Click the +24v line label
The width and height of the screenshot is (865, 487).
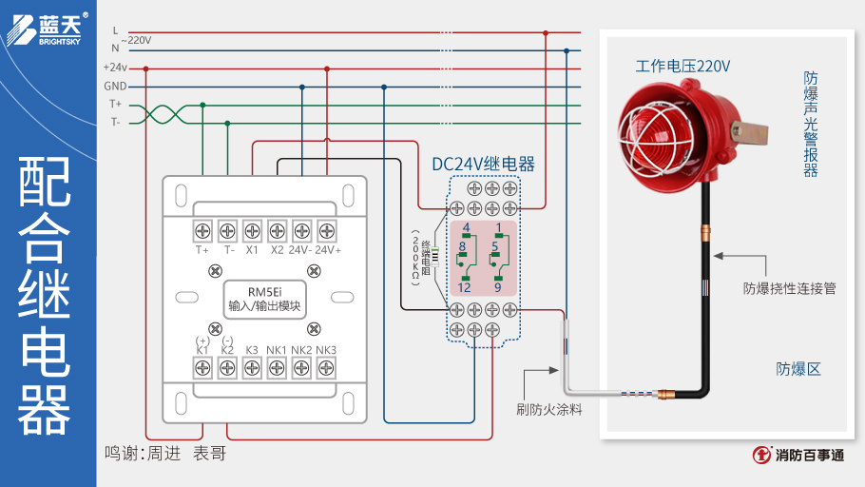point(115,68)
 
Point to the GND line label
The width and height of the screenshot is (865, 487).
point(115,86)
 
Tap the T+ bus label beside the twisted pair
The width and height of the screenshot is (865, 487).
point(115,104)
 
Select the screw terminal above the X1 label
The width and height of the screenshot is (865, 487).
point(252,230)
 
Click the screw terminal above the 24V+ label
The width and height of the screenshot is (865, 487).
point(327,230)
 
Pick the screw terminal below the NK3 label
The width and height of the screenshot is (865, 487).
point(326,368)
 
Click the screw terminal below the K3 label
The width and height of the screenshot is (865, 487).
point(252,368)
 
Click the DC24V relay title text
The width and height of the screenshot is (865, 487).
point(483,164)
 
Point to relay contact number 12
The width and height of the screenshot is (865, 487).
point(465,286)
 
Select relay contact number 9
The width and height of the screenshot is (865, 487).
point(497,286)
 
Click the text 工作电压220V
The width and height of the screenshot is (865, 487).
point(682,67)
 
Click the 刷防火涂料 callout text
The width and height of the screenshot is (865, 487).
point(549,409)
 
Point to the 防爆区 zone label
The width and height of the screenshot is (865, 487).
point(798,368)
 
